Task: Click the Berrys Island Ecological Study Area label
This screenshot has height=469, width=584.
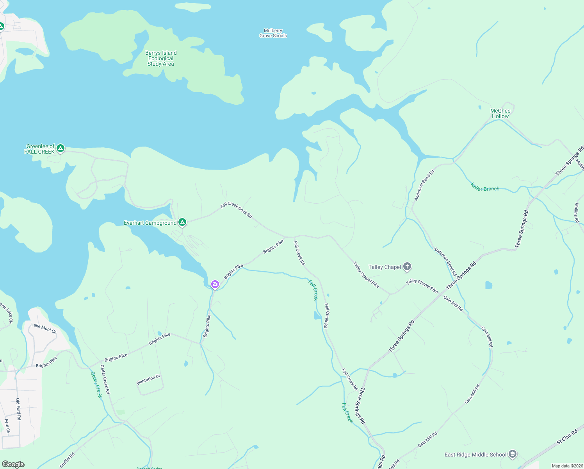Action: tap(161, 58)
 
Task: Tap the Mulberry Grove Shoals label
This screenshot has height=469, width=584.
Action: tap(273, 33)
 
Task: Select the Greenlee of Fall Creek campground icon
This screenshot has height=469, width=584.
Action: tap(60, 148)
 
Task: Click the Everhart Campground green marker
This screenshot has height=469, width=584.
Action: tap(182, 222)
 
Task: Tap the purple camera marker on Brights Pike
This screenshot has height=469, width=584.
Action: tap(215, 284)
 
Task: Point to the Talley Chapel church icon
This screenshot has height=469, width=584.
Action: tap(407, 267)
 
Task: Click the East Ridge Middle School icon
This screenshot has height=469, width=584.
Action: tap(513, 454)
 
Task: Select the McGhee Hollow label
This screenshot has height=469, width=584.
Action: tap(500, 113)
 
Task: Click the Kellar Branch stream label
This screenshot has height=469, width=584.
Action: tap(485, 187)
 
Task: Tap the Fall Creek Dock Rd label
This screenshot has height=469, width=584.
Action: tap(236, 210)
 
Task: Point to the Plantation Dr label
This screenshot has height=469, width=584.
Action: tap(148, 379)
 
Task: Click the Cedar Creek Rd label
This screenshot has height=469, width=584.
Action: tap(105, 379)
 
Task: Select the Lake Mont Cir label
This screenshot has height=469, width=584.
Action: tap(44, 328)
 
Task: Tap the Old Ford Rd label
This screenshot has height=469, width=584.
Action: tap(18, 409)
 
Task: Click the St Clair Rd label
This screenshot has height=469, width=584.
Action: tap(567, 437)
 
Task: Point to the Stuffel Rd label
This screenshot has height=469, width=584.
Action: tap(67, 460)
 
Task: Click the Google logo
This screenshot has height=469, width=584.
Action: tap(13, 464)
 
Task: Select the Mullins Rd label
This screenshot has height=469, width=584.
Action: tap(577, 213)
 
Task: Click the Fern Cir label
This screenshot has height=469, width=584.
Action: tap(7, 426)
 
